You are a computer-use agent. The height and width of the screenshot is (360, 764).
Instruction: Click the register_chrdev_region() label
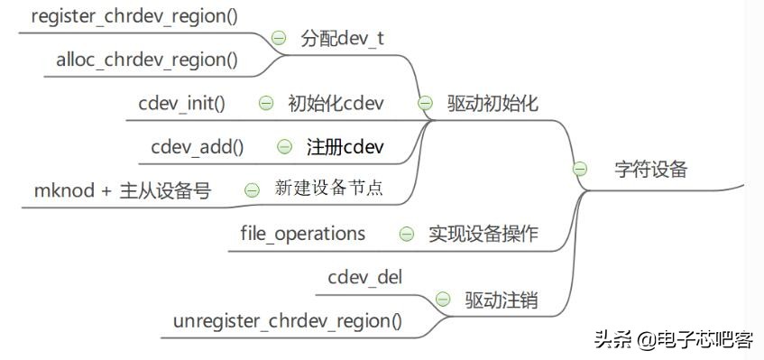pyautogui.click(x=134, y=16)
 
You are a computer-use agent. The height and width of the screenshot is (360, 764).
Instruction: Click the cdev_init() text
pyautogui.click(x=181, y=103)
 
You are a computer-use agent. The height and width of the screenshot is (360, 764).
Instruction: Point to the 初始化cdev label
pyautogui.click(x=336, y=103)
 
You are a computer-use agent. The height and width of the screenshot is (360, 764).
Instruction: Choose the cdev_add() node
pyautogui.click(x=197, y=146)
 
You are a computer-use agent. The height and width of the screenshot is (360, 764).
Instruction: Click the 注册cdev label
pyautogui.click(x=346, y=146)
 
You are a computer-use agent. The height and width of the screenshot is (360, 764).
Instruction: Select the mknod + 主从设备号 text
pyautogui.click(x=122, y=191)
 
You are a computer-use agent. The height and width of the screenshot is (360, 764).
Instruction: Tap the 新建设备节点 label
pyautogui.click(x=328, y=189)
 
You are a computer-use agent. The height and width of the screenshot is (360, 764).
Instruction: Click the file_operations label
pyautogui.click(x=302, y=234)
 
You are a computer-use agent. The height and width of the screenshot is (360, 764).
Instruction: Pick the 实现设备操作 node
pyautogui.click(x=483, y=234)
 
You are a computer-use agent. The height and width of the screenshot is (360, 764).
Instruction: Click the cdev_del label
pyautogui.click(x=365, y=277)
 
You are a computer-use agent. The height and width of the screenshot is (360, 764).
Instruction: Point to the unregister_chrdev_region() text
pyautogui.click(x=288, y=321)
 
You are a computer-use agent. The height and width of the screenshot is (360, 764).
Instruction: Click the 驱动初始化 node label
pyautogui.click(x=492, y=103)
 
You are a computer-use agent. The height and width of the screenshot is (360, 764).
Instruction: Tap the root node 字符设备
pyautogui.click(x=651, y=169)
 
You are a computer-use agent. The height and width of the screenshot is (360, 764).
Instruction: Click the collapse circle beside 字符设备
pyautogui.click(x=580, y=169)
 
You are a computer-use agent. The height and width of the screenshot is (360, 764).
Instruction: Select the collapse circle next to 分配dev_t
pyautogui.click(x=279, y=39)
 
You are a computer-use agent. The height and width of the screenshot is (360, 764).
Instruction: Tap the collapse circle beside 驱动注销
pyautogui.click(x=443, y=299)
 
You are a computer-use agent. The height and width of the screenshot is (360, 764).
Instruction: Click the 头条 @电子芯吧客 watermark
pyautogui.click(x=673, y=339)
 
